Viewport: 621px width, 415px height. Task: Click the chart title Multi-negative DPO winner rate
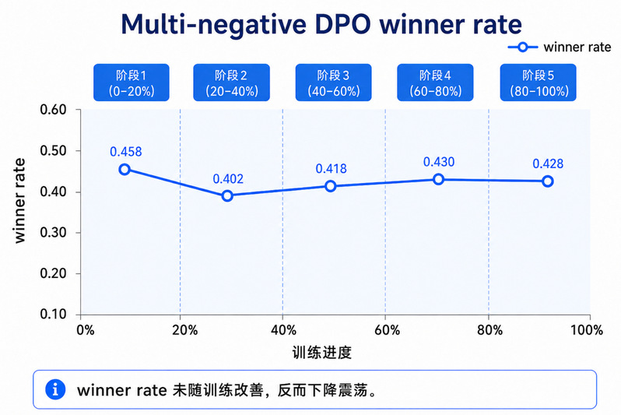coord(321,25)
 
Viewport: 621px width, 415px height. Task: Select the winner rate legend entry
coord(560,47)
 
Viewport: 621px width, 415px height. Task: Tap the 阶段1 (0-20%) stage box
coord(132,83)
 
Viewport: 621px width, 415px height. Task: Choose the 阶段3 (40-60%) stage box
coord(334,83)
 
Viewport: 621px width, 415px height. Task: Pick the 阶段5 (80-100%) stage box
coord(539,83)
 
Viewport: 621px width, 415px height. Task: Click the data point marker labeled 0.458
coord(125,169)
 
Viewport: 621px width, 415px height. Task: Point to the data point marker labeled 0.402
coord(227,195)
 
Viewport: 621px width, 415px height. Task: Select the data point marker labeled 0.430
coord(438,179)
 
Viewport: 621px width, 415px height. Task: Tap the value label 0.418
coord(331,169)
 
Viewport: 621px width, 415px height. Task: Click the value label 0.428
coord(548,164)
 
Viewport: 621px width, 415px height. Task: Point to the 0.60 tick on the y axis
coord(53,110)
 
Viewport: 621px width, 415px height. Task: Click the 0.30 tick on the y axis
coord(53,232)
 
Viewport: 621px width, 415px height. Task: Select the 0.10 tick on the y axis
coord(53,315)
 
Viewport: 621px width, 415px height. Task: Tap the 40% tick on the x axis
coord(283,330)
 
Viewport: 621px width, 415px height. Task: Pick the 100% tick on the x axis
coord(587,330)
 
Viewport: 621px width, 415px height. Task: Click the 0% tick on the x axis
coord(86,330)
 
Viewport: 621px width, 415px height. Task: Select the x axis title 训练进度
coord(322,353)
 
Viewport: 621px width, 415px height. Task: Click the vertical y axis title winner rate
coord(19,201)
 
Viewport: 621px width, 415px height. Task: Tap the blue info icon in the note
coord(55,389)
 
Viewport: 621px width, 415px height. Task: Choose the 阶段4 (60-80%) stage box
coord(435,83)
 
